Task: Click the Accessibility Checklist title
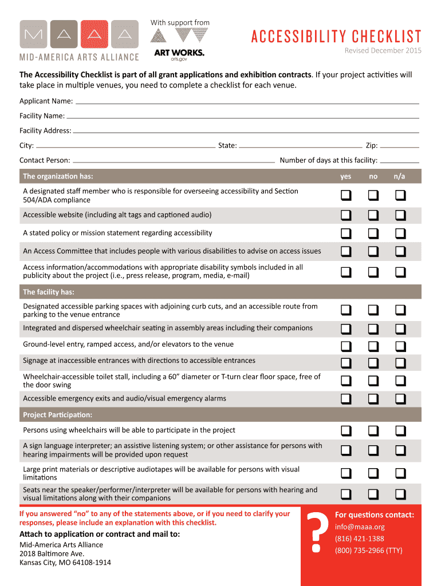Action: coord(336,37)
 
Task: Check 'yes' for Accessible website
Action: coord(346,215)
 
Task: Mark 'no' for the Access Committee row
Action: coord(373,251)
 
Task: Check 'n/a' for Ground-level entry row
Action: coord(400,346)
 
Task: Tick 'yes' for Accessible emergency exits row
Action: coord(346,399)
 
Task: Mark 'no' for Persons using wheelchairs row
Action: coord(373,431)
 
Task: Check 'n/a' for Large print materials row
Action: coord(400,473)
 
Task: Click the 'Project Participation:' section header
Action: coord(57,414)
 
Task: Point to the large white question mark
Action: coord(316,533)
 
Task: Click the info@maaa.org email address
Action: coord(360,526)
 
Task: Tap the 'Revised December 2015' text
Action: coord(383,51)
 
